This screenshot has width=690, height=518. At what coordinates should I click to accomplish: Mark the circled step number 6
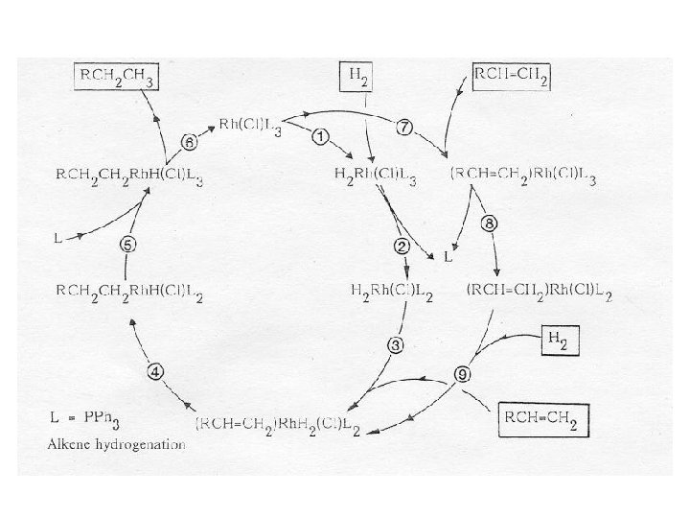coord(189,141)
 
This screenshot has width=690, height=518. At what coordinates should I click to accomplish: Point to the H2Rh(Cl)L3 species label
coord(375,174)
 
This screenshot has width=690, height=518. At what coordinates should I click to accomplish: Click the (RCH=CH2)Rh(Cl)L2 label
coord(539,291)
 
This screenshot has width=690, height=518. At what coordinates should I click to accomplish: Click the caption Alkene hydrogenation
coord(117,444)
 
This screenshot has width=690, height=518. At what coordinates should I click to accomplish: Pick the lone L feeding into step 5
coord(59,236)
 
